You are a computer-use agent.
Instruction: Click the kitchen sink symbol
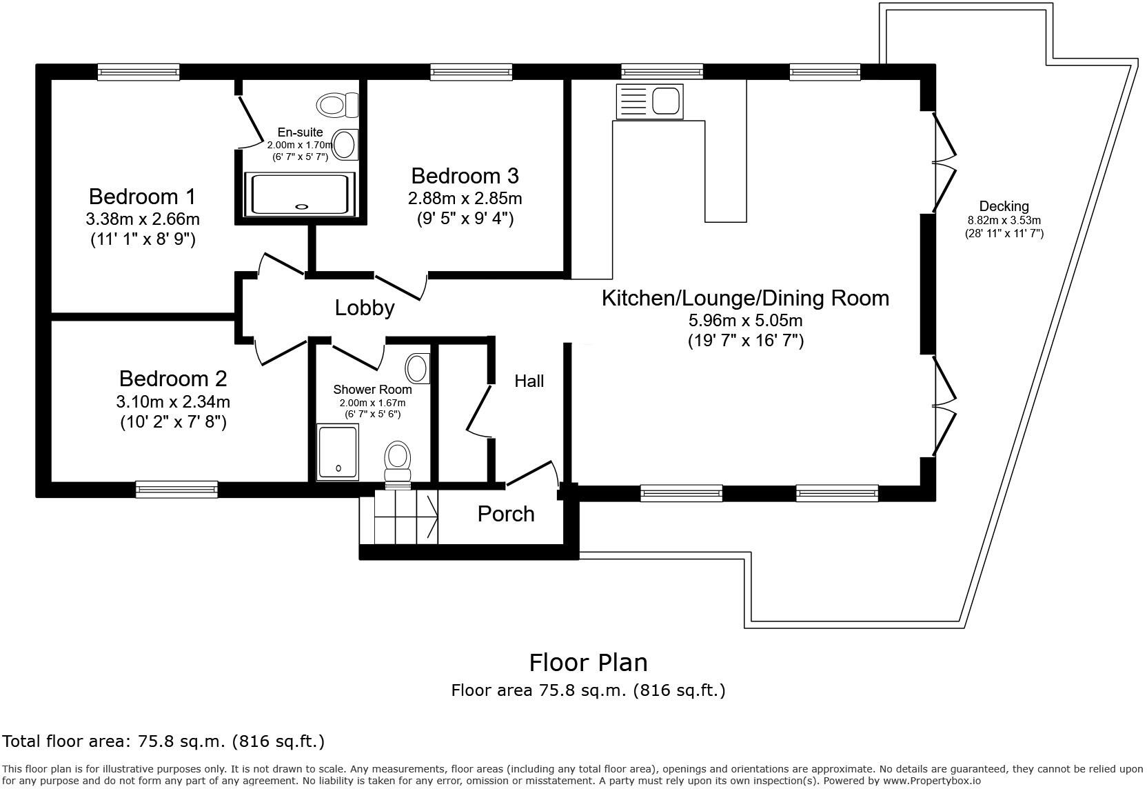[650, 101]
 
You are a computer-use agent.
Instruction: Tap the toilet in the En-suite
[338, 105]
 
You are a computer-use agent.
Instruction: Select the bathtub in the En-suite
[300, 194]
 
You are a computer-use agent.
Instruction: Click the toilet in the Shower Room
[398, 464]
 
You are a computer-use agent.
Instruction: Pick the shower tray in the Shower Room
[338, 452]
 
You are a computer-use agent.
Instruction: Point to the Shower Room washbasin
[417, 368]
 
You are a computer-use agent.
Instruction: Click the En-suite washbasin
[345, 144]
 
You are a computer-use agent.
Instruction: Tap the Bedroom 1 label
[143, 197]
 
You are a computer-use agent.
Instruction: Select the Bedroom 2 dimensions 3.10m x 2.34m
[173, 401]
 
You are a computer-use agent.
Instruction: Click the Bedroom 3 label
[465, 176]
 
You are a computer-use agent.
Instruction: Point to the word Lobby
[365, 308]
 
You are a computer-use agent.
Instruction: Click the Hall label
[529, 381]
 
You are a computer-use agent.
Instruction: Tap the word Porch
[506, 514]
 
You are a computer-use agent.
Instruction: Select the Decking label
[1004, 206]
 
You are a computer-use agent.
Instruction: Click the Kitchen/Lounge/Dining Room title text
[745, 298]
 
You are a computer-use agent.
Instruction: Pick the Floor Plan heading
[588, 663]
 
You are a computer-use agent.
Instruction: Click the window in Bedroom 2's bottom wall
[176, 489]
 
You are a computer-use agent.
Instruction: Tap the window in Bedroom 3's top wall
[471, 72]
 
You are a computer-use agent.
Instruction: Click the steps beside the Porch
[399, 517]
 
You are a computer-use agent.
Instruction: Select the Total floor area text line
[163, 741]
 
